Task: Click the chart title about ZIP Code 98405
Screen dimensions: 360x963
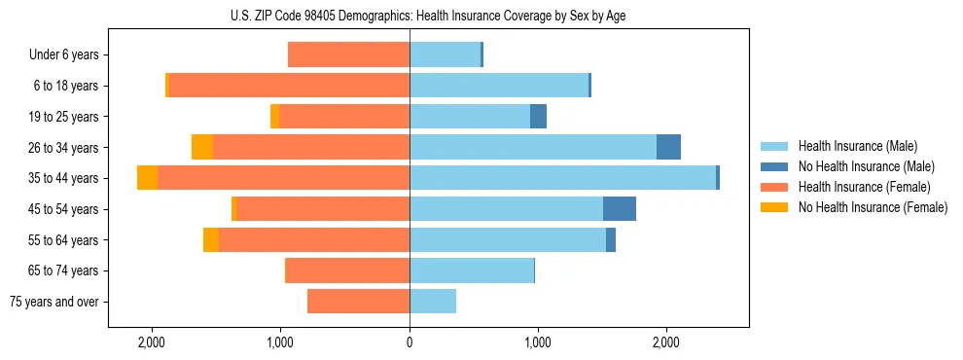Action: click(x=410, y=15)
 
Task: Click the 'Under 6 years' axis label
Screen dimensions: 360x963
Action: click(x=64, y=55)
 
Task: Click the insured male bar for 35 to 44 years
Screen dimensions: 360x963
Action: click(x=562, y=178)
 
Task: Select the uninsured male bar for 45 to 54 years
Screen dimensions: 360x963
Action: click(x=620, y=209)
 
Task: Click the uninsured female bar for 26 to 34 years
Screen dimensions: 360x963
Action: click(x=202, y=147)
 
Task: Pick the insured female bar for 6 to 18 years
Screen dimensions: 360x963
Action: click(x=289, y=86)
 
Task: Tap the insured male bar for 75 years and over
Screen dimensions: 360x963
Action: click(x=433, y=302)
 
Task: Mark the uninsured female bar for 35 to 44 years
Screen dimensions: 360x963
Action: click(x=147, y=178)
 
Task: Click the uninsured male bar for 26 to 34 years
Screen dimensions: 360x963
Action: click(x=669, y=147)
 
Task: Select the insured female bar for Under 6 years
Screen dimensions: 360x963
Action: click(x=348, y=55)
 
